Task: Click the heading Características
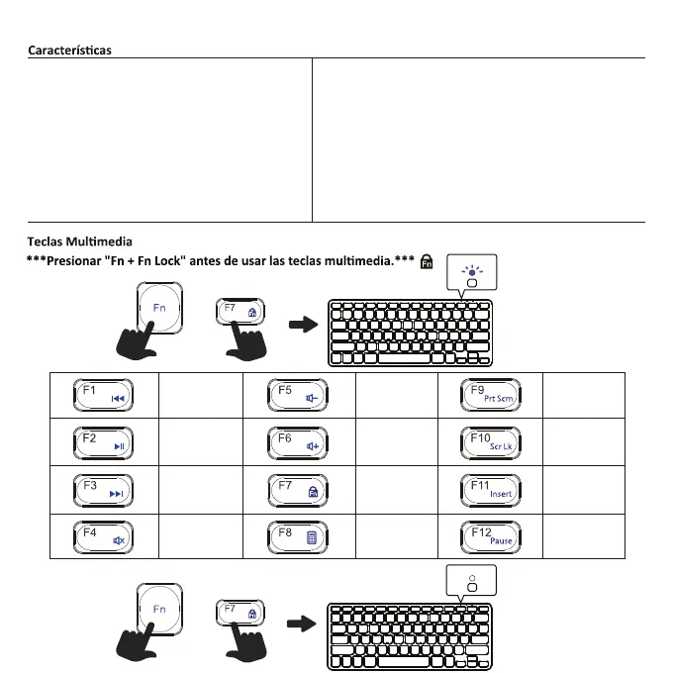pyautogui.click(x=69, y=48)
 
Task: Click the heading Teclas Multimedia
pyautogui.click(x=79, y=240)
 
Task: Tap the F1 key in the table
pyautogui.click(x=103, y=395)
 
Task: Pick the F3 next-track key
pyautogui.click(x=103, y=490)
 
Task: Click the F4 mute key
pyautogui.click(x=103, y=536)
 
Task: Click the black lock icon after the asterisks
pyautogui.click(x=428, y=262)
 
